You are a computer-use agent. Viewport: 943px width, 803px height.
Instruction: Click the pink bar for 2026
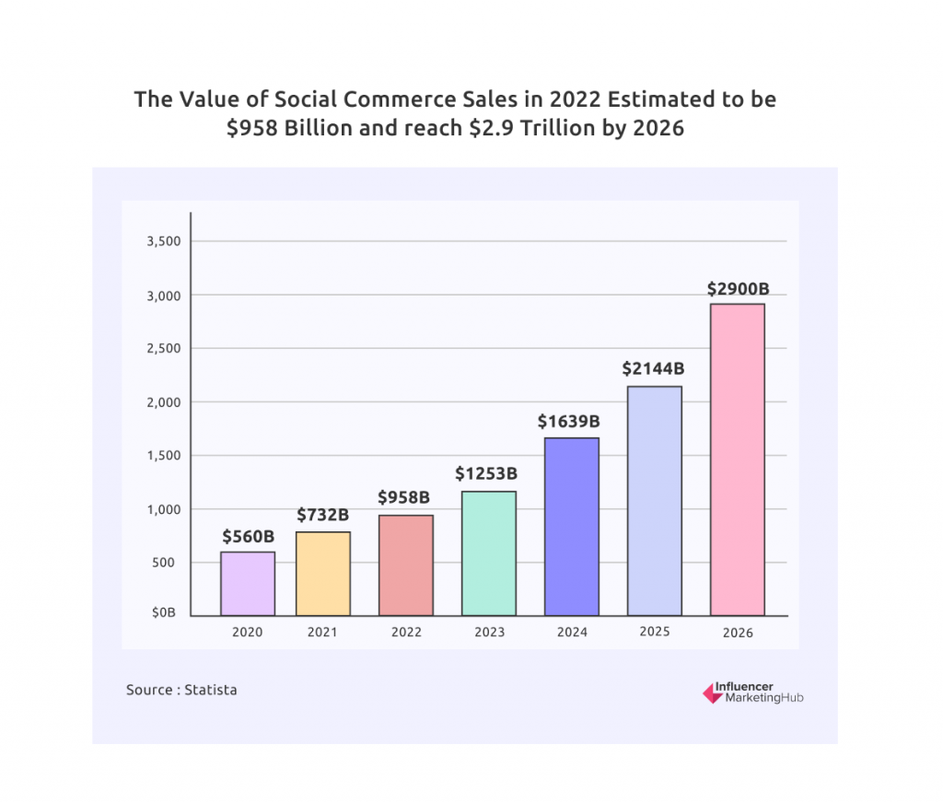tap(737, 460)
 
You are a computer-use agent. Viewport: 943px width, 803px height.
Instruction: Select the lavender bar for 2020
tap(248, 583)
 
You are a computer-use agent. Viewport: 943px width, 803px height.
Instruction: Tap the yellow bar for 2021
tap(322, 574)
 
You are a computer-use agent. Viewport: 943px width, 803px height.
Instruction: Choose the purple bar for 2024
tap(571, 527)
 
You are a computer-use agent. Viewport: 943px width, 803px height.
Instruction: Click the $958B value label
tap(403, 497)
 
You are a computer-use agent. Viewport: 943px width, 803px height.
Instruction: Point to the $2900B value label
tap(738, 288)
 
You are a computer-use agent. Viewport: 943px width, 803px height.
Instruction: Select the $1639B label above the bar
tap(569, 422)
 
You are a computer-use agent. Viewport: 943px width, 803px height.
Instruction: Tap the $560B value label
tap(248, 536)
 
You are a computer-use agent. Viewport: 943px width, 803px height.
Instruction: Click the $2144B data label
tap(654, 369)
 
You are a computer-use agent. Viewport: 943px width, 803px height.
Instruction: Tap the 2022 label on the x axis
tap(406, 633)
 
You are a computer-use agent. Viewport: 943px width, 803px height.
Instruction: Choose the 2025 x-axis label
tap(655, 632)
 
